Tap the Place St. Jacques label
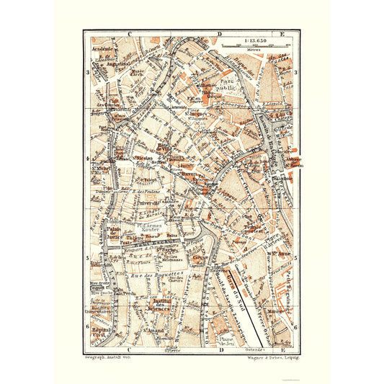tap(195, 113)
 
